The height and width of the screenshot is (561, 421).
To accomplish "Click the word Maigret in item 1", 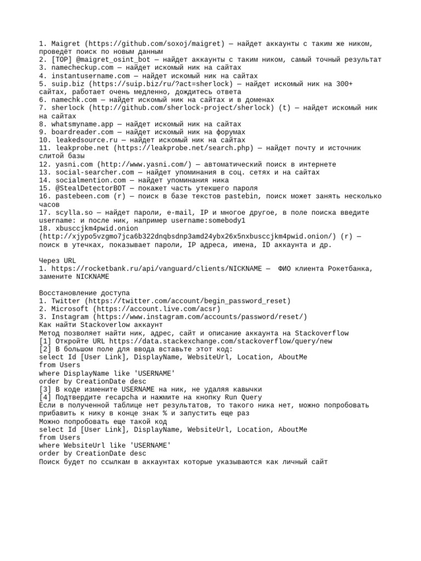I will pos(66,43).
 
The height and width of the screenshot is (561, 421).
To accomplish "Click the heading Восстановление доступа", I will pos(84,293).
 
